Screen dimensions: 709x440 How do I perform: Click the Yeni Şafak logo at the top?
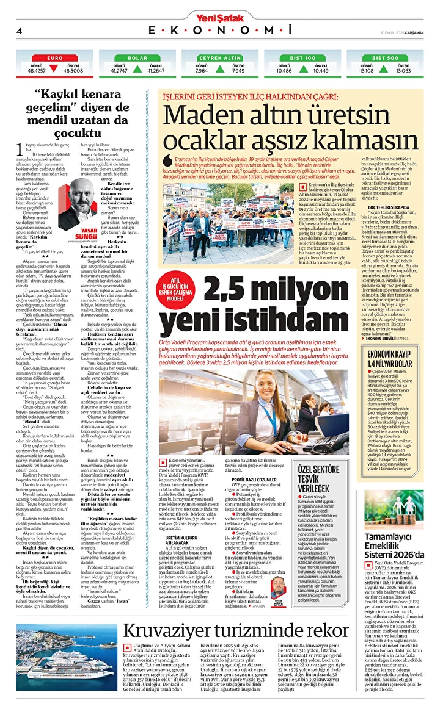(219, 18)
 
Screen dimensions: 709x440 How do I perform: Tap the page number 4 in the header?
(20, 30)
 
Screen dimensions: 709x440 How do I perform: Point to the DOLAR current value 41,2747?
(119, 71)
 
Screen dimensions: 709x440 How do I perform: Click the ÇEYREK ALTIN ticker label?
(220, 57)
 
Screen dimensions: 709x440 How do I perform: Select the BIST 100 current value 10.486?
(284, 71)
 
